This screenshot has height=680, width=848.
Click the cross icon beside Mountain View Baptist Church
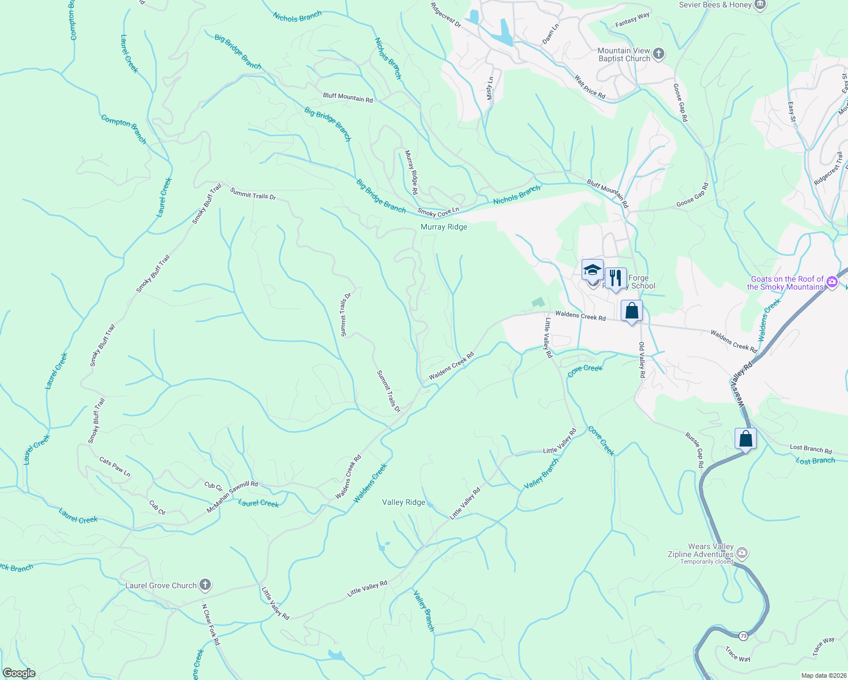click(658, 54)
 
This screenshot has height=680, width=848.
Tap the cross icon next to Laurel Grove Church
click(205, 585)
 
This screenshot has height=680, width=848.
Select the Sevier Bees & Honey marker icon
click(760, 5)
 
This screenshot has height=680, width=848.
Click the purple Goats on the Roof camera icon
click(832, 282)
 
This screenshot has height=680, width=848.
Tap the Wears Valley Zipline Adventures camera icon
click(742, 552)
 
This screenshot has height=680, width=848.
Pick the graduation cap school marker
click(592, 270)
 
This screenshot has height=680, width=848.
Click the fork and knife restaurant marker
click(615, 278)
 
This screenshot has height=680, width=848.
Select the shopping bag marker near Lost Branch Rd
click(745, 439)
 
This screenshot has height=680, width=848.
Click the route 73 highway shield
click(743, 636)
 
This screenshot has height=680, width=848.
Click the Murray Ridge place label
click(444, 227)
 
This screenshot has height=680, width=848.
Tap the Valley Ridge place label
click(404, 502)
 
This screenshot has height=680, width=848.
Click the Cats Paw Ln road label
click(115, 467)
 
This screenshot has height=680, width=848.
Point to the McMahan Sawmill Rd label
click(232, 497)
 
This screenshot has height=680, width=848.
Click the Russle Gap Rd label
click(694, 450)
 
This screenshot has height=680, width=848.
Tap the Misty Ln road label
click(490, 88)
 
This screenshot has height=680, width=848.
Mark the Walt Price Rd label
click(590, 87)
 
